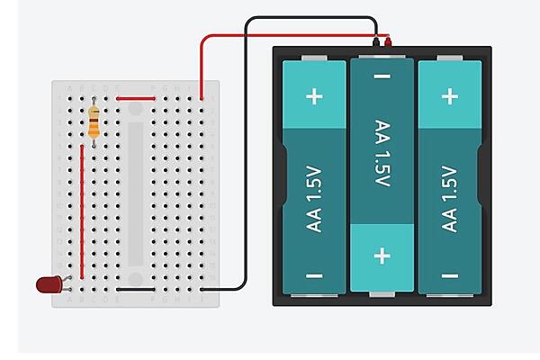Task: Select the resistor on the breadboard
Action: [x=94, y=122]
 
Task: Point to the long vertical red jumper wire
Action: [x=83, y=211]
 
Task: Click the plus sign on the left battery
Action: [x=314, y=96]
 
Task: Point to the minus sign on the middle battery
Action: [x=382, y=78]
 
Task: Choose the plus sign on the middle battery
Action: [x=382, y=256]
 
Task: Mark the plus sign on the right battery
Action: [x=449, y=96]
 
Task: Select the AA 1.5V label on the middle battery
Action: [x=382, y=153]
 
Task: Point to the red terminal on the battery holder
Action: [x=388, y=41]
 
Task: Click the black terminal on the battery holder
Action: [x=374, y=41]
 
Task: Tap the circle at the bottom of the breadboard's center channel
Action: [x=135, y=279]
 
